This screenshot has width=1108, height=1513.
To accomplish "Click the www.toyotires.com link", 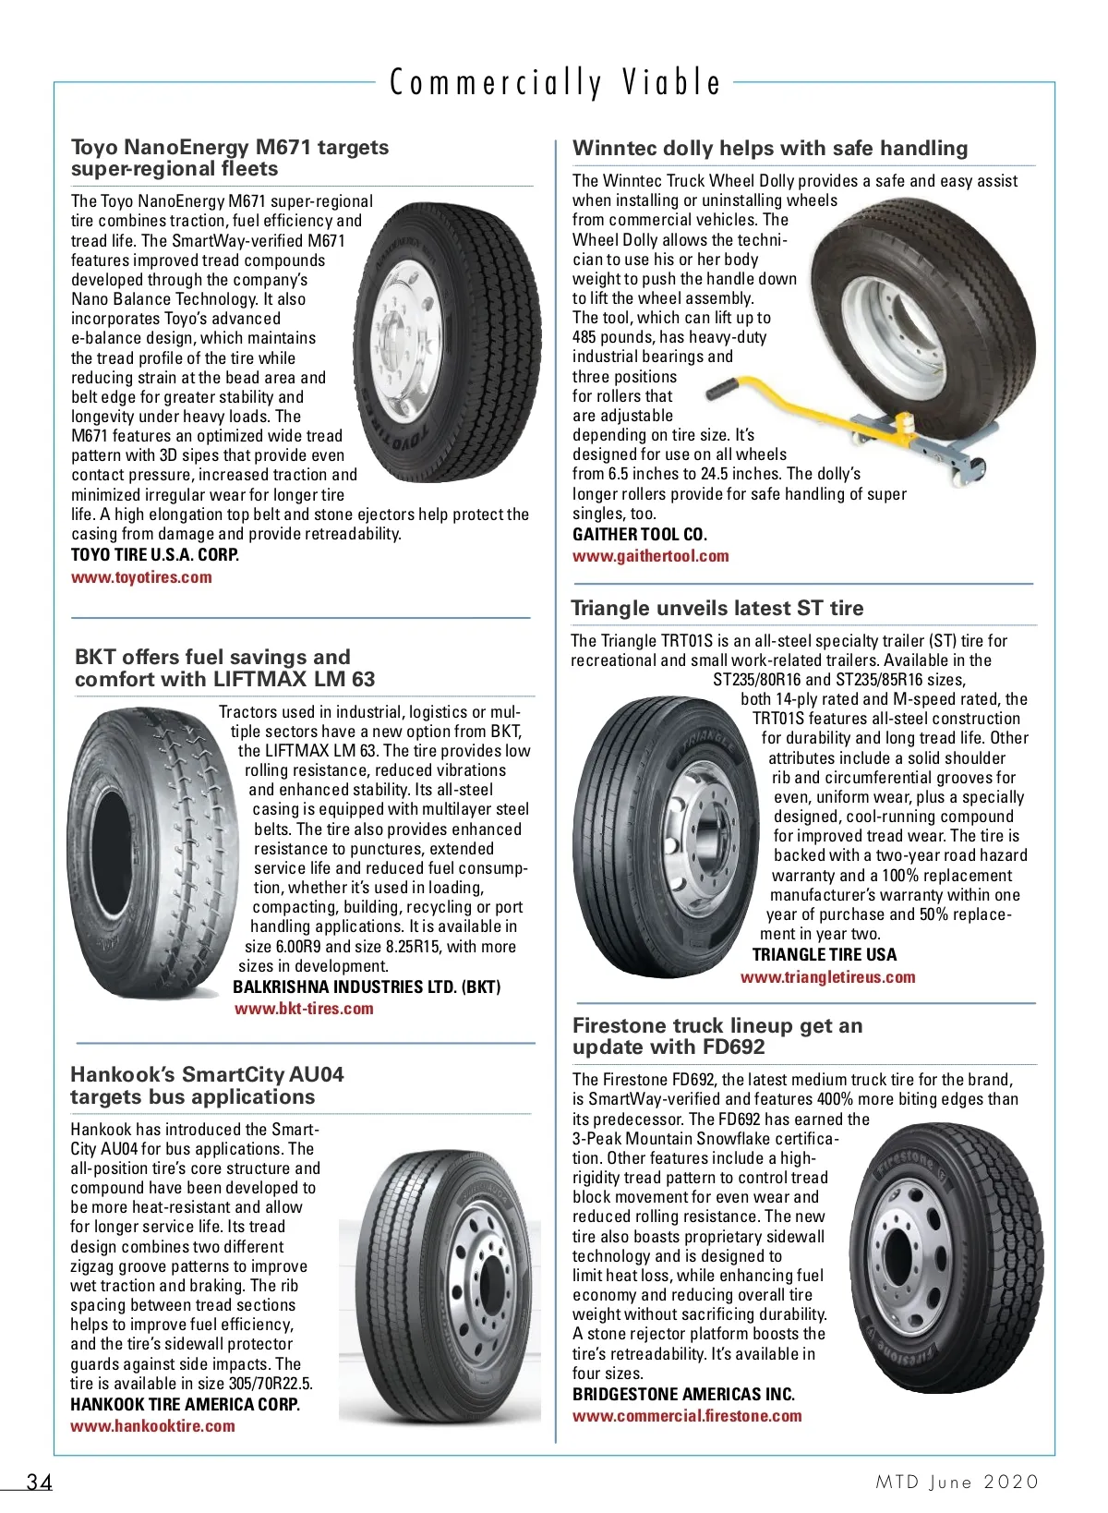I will pos(141,577).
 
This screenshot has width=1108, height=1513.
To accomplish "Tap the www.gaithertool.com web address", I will pos(650,556).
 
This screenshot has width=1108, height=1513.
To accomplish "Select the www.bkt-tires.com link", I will pos(304,1009).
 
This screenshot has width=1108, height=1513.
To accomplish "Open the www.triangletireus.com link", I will pos(827,977).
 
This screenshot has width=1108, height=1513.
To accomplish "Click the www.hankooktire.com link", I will pos(152,1425).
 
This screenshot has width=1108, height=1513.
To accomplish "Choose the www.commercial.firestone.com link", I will pos(687,1416).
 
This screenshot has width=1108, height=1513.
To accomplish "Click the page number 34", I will pos(40,1483).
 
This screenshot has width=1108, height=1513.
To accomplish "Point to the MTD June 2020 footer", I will pos(957,1483).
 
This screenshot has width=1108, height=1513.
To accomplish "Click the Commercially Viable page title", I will pos(555,83).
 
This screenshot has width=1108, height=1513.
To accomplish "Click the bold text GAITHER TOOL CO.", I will pos(639,535).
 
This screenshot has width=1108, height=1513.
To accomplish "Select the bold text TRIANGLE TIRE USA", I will pos(824,955).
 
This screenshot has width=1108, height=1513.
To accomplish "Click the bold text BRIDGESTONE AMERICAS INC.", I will pos(683,1395).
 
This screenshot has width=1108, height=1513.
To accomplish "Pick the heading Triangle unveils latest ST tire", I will pos(717,608).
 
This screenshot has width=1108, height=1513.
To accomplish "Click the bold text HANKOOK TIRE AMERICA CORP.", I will pos(185,1404).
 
